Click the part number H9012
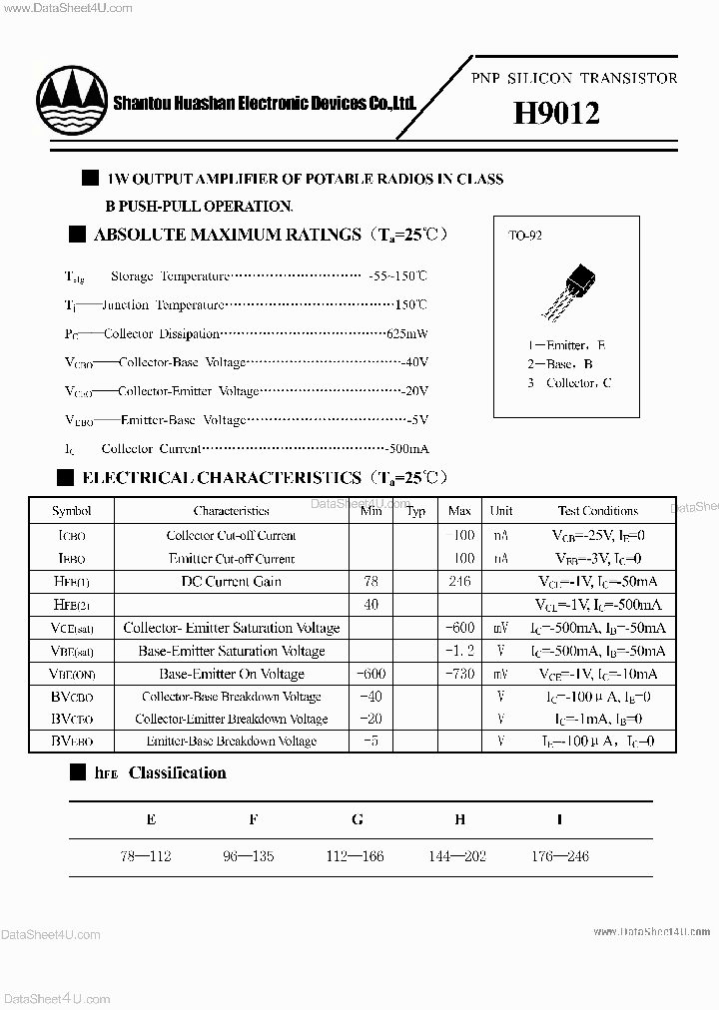click(556, 114)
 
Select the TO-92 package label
click(525, 237)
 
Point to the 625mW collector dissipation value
click(406, 333)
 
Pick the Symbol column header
click(71, 511)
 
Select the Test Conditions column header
click(597, 511)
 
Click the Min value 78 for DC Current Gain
click(370, 581)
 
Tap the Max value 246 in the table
click(459, 581)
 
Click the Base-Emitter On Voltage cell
click(231, 674)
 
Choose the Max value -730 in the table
click(458, 674)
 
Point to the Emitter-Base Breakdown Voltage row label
click(231, 742)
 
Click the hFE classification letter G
click(358, 819)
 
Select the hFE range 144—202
click(459, 855)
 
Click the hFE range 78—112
click(151, 855)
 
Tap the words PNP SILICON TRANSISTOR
click(573, 78)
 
